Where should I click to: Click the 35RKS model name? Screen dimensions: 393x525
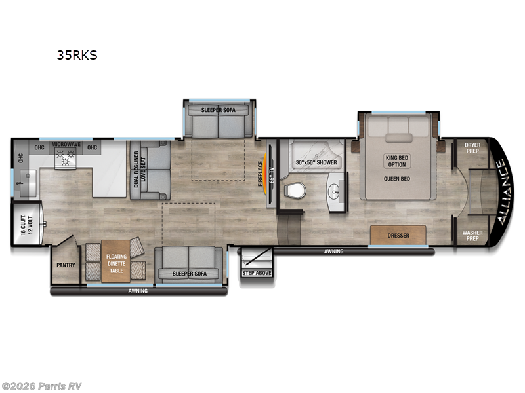tap(77, 55)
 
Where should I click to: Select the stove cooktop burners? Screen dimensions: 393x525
tap(66, 157)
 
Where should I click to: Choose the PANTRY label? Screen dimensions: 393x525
tap(66, 265)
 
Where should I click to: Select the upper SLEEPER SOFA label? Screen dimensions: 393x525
tap(219, 110)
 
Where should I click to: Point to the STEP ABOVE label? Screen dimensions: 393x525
tap(257, 272)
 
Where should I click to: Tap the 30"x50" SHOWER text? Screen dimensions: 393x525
tap(316, 162)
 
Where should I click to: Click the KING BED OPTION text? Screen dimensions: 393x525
tap(397, 160)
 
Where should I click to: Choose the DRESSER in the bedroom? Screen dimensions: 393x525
tap(398, 234)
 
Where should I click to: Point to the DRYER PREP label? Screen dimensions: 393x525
tap(472, 147)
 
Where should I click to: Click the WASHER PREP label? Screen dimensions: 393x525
tap(472, 235)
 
